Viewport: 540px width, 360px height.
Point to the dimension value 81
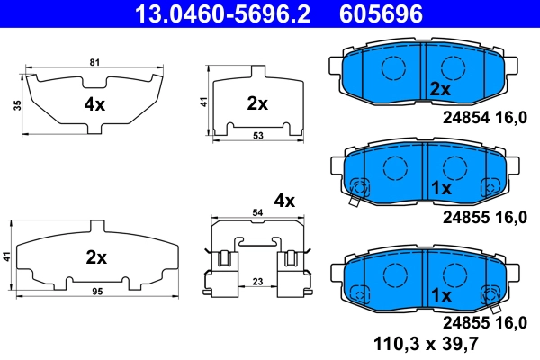[x=95, y=62]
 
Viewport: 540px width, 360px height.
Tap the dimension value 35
[x=17, y=105]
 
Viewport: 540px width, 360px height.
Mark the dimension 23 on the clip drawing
[x=257, y=282]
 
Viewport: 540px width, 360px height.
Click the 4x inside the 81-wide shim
[x=95, y=104]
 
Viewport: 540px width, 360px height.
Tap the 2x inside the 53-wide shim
[x=257, y=103]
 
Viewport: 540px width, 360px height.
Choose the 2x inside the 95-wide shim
[x=96, y=257]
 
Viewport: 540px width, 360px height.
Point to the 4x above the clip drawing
[x=284, y=201]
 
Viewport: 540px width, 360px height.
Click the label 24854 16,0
[x=480, y=118]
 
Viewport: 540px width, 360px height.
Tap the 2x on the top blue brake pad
[x=440, y=88]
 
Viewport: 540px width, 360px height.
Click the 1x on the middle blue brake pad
[x=440, y=188]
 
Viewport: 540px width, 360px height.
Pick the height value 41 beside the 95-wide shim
[x=7, y=258]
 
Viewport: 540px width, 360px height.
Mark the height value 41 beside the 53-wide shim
[x=203, y=103]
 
